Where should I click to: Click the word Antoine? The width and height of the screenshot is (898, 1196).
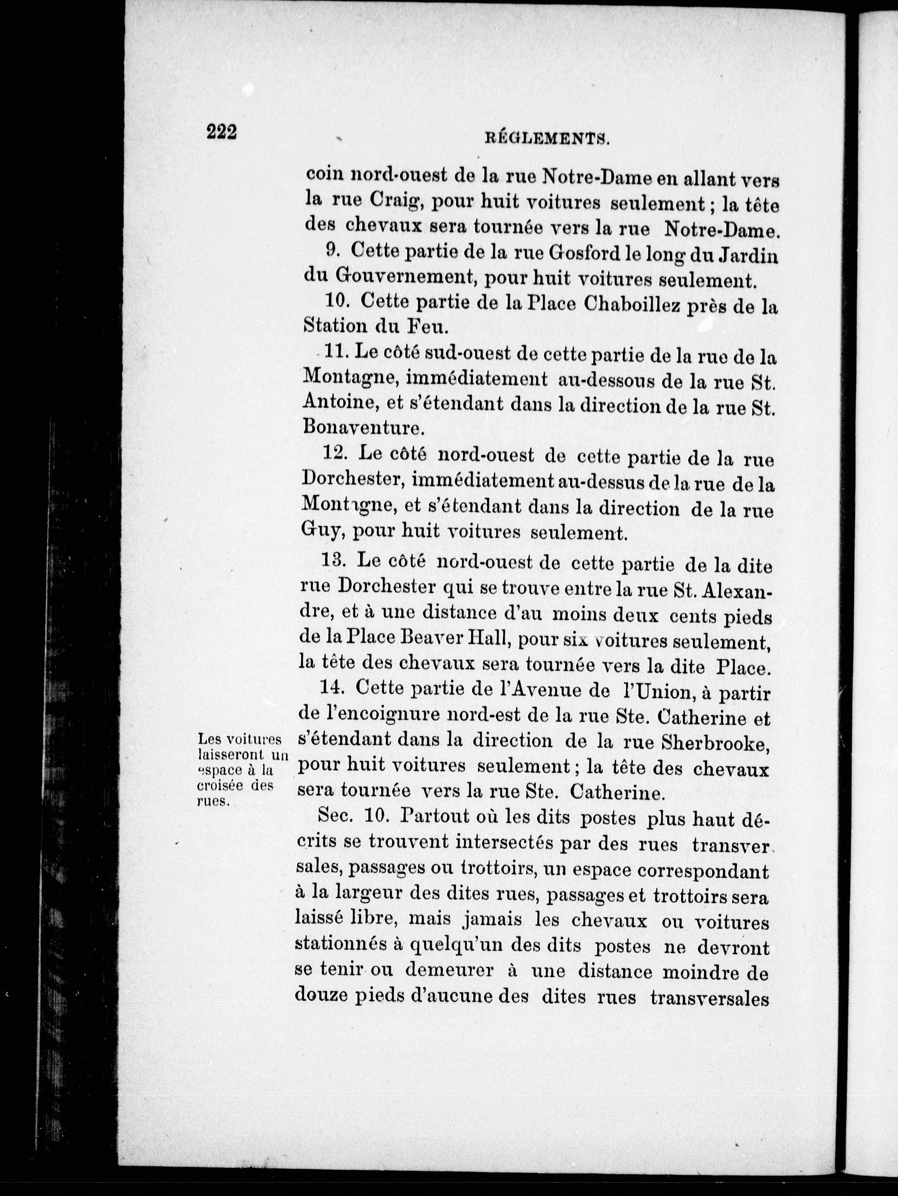[x=339, y=402]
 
